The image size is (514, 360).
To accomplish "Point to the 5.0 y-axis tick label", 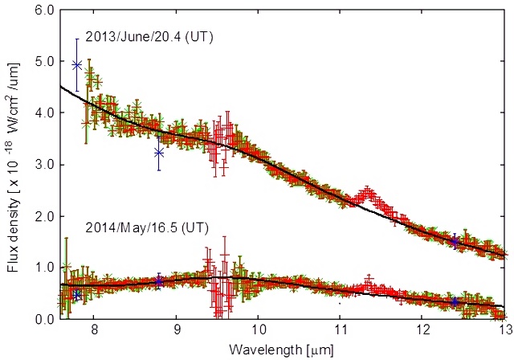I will pyautogui.click(x=43, y=61).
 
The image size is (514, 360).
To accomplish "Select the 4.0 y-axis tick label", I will pyautogui.click(x=43, y=112).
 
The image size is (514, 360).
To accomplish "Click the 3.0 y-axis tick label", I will pyautogui.click(x=43, y=165).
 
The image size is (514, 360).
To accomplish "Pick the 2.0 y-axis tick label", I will pyautogui.click(x=43, y=216).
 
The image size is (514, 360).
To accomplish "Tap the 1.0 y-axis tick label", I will pyautogui.click(x=43, y=268).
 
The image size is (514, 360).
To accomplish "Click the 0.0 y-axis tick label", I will pyautogui.click(x=43, y=319).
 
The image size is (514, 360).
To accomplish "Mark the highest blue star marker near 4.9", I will pyautogui.click(x=77, y=65).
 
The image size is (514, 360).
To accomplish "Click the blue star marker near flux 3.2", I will pyautogui.click(x=159, y=153).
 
